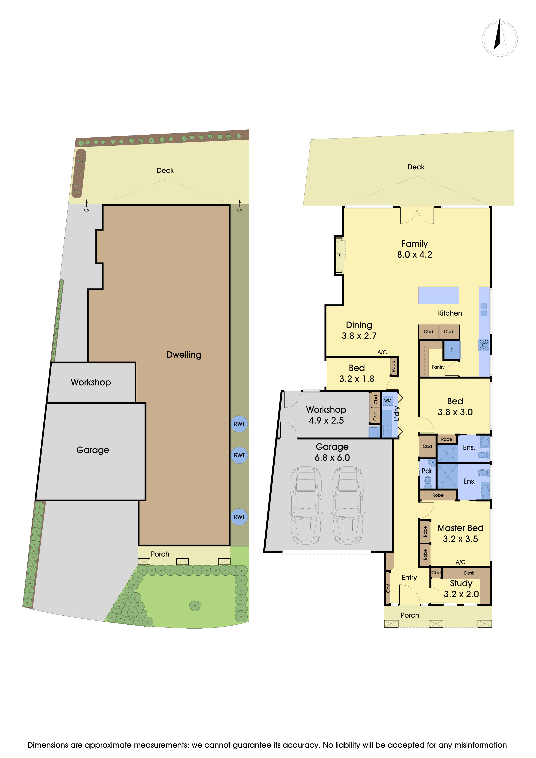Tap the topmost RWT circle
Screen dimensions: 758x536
pyautogui.click(x=239, y=424)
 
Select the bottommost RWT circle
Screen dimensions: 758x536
pyautogui.click(x=239, y=517)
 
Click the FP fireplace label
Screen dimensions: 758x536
pyautogui.click(x=339, y=255)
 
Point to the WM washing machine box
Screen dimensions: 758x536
pyautogui.click(x=388, y=400)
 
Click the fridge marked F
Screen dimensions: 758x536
pyautogui.click(x=452, y=350)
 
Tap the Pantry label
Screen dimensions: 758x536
pyautogui.click(x=438, y=367)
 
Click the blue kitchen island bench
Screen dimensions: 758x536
pyautogui.click(x=438, y=295)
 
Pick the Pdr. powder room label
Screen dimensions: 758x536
pyautogui.click(x=427, y=471)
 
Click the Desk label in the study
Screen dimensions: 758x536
pyautogui.click(x=469, y=573)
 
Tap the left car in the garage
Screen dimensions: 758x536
pyautogui.click(x=306, y=505)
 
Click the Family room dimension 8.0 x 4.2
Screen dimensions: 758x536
pyautogui.click(x=415, y=255)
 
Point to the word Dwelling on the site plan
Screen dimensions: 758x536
pyautogui.click(x=184, y=355)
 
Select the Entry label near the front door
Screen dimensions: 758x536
pyautogui.click(x=409, y=577)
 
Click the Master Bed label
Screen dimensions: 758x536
pyautogui.click(x=460, y=528)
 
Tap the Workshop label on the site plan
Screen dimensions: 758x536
pyautogui.click(x=91, y=382)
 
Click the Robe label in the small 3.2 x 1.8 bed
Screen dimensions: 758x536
pyautogui.click(x=393, y=366)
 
